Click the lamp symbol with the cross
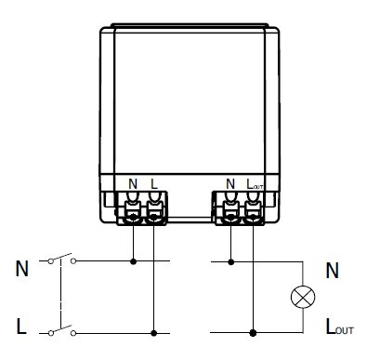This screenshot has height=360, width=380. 303,297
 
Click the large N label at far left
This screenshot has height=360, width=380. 22,269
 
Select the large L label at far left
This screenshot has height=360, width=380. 21,327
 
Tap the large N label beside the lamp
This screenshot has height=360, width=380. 333,271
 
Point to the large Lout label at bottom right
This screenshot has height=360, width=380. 340,327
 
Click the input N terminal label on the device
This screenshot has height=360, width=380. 133,184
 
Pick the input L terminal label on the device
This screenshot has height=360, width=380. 154,184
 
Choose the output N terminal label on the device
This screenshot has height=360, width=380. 230,184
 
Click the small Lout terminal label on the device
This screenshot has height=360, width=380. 255,184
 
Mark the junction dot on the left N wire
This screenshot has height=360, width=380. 133,261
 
